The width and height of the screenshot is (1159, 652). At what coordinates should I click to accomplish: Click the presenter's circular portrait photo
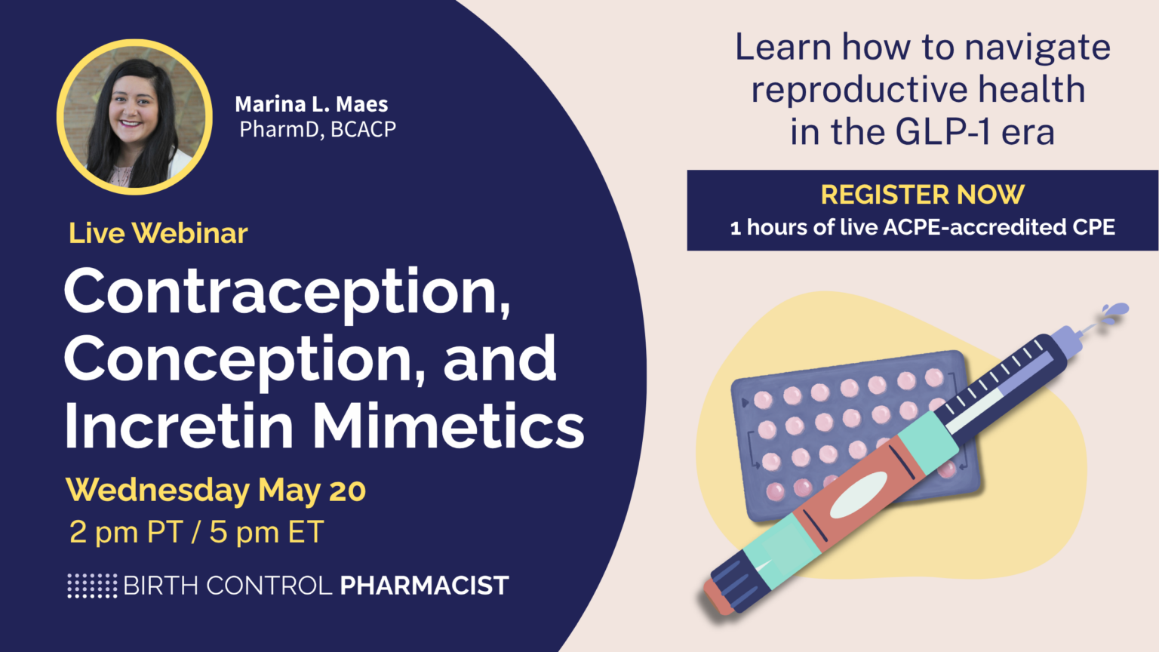[134, 117]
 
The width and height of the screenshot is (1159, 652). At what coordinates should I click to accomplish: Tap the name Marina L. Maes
[311, 104]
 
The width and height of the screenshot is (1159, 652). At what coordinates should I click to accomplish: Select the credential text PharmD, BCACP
[318, 130]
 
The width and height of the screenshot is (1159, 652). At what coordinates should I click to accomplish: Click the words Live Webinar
[158, 233]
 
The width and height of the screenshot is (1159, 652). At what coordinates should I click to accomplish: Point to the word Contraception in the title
[287, 292]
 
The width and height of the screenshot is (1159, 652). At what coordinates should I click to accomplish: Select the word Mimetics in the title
[449, 426]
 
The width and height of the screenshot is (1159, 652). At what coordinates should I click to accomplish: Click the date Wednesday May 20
[216, 491]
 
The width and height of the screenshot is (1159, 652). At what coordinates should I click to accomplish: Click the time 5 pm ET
[266, 532]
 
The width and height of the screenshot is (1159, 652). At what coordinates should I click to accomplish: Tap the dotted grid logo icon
[92, 586]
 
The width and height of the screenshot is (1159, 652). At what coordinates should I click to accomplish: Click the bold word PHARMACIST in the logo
[424, 586]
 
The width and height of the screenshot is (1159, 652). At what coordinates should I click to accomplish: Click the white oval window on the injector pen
[859, 494]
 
